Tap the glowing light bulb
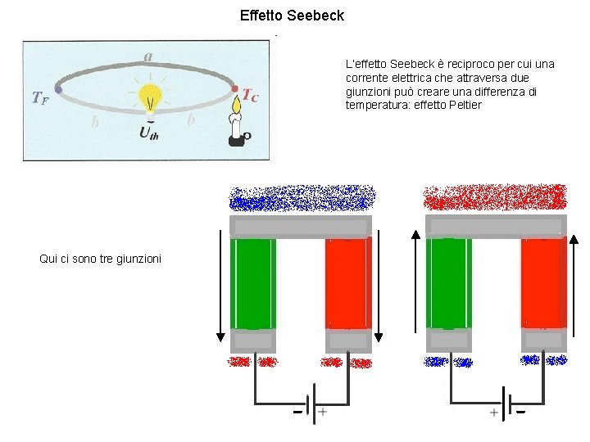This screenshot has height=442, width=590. click(149, 98)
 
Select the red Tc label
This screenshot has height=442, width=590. click(251, 96)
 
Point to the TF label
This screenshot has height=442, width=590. click(39, 98)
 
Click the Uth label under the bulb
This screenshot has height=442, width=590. click(149, 132)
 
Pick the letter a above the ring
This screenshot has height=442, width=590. click(147, 56)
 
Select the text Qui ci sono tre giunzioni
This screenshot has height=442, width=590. click(100, 259)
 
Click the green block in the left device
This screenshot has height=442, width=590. click(253, 283)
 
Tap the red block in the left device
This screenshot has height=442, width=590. click(348, 283)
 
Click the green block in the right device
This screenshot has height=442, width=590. click(449, 283)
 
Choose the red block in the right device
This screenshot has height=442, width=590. click(543, 283)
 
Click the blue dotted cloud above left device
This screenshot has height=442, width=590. click(302, 198)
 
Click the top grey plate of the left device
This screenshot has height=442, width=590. click(301, 227)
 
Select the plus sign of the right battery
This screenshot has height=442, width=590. click(493, 413)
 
